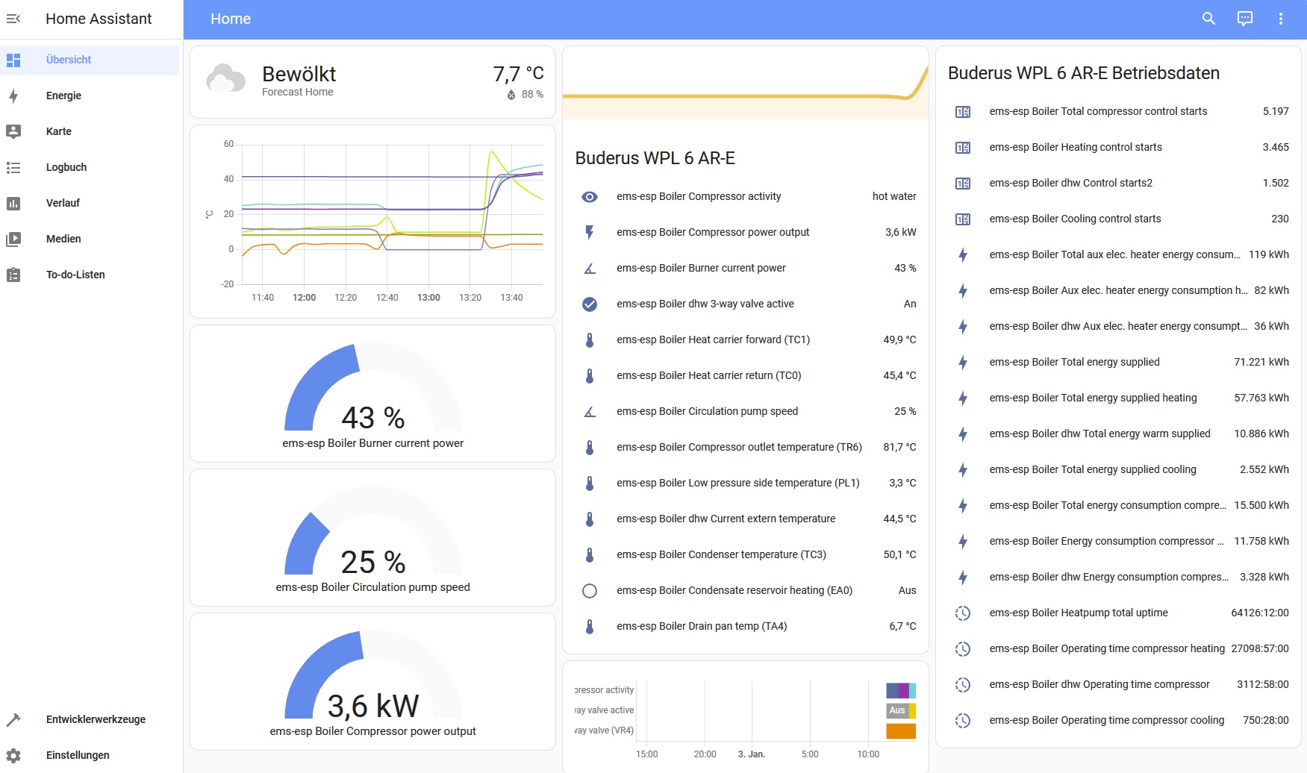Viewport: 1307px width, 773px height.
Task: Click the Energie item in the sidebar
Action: click(x=63, y=96)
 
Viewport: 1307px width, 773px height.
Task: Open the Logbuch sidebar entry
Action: click(x=66, y=167)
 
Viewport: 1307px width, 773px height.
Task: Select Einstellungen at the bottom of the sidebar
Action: click(x=78, y=755)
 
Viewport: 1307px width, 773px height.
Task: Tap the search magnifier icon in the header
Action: click(x=1208, y=19)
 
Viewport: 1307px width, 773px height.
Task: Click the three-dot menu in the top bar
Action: click(x=1280, y=19)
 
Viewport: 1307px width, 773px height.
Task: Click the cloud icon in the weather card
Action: click(x=225, y=78)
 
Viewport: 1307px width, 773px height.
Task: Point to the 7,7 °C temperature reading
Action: click(x=518, y=74)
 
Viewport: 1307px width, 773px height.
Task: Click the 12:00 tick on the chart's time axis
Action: click(x=304, y=298)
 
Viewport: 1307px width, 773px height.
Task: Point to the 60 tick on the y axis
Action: click(x=228, y=144)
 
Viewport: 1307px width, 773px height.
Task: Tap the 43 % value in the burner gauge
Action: click(x=373, y=418)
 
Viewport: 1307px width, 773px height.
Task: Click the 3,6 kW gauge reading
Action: click(x=373, y=706)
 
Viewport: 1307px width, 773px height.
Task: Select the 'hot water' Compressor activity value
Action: click(x=894, y=196)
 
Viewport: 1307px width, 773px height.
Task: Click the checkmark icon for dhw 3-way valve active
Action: click(x=590, y=304)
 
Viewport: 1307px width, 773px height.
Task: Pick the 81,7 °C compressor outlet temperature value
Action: click(x=899, y=447)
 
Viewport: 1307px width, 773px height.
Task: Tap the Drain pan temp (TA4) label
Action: click(x=702, y=626)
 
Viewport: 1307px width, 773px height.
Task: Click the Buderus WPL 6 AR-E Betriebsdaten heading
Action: click(x=1084, y=73)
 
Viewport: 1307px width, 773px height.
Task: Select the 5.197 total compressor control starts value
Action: click(x=1276, y=111)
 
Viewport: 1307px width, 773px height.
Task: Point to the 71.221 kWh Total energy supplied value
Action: click(x=1261, y=362)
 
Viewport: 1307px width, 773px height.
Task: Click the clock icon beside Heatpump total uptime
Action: click(x=963, y=613)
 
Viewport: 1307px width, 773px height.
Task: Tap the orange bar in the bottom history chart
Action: click(x=901, y=731)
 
